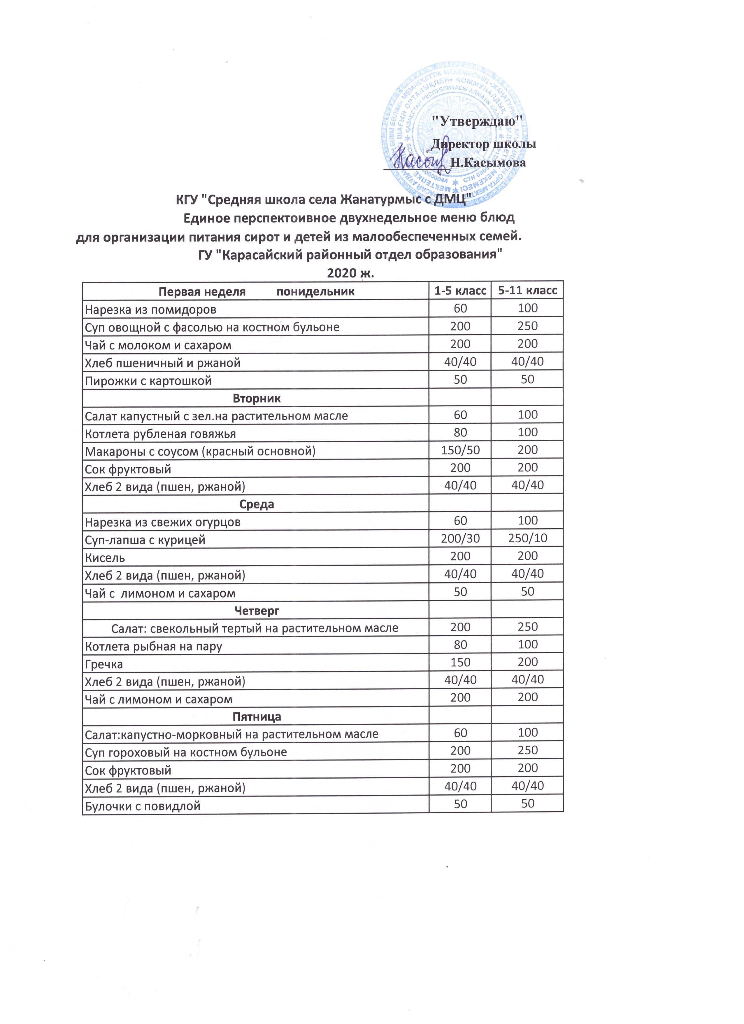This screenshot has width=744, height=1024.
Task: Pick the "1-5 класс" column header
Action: pos(460,291)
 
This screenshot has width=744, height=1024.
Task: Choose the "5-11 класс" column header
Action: pos(527,291)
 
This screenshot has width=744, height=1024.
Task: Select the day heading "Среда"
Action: pos(256,504)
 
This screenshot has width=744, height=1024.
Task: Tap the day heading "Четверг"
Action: pos(256,611)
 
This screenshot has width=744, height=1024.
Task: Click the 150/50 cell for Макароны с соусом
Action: pos(460,450)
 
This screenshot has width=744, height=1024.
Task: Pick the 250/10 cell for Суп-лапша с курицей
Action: pos(527,539)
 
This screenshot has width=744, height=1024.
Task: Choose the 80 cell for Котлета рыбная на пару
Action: pos(460,645)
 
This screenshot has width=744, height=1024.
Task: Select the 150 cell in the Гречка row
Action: pos(460,662)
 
